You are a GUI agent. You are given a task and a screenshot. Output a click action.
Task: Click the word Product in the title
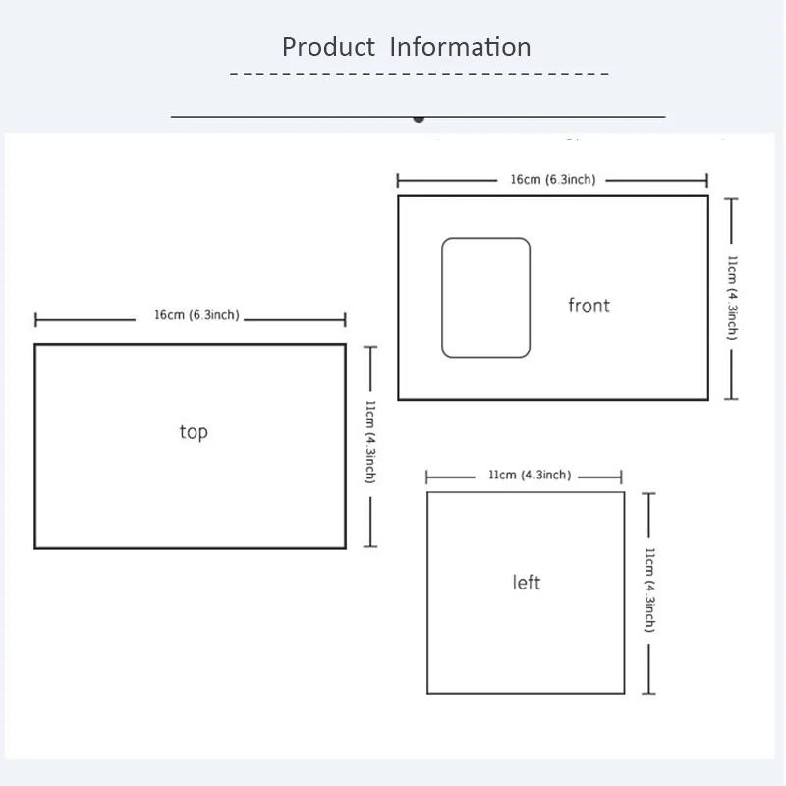(328, 47)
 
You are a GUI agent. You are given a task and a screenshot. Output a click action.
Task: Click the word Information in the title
(460, 47)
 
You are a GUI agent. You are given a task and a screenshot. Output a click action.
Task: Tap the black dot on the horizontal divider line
(419, 119)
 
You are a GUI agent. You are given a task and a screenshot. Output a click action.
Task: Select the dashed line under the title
(420, 74)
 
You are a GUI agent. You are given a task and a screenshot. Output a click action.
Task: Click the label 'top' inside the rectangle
(194, 432)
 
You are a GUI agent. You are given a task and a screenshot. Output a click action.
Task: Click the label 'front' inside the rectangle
(589, 306)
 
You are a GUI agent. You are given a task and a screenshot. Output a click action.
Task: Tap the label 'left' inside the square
(527, 583)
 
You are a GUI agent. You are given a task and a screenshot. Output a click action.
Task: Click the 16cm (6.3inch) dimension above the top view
(196, 315)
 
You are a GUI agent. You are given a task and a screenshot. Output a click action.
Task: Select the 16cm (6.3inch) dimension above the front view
(553, 180)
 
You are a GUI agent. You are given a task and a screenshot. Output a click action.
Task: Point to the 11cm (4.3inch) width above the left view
(530, 475)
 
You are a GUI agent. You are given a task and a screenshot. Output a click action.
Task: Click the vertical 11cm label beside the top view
(370, 441)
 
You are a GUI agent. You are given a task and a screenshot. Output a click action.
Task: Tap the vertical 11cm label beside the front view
(732, 298)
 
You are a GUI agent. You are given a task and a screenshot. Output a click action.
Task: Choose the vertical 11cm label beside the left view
(649, 589)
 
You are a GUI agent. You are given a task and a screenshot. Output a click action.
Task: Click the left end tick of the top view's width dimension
(35, 320)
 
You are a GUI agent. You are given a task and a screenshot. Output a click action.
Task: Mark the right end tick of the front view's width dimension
(706, 180)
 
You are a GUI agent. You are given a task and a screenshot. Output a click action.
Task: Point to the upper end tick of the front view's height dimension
(731, 199)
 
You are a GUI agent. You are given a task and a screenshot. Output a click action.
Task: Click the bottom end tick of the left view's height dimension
(648, 694)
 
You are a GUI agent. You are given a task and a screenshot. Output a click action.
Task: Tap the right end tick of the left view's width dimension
(621, 477)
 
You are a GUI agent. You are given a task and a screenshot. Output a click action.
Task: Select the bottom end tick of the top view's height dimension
(370, 546)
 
